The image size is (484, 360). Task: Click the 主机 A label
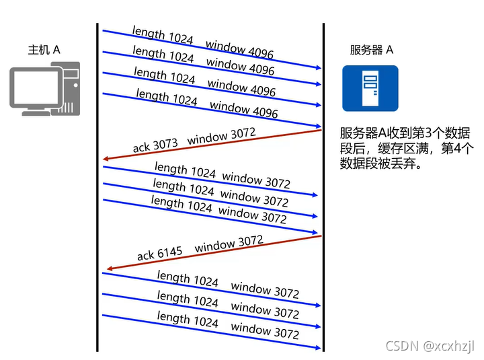[44, 50]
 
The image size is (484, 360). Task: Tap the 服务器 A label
[371, 50]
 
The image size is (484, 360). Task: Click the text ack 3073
[155, 145]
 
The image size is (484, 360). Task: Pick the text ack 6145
[159, 254]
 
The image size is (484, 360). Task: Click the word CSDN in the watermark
[402, 345]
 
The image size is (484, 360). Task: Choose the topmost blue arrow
[212, 49]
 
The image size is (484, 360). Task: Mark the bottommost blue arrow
[212, 331]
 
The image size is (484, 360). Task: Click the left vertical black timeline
[97, 188]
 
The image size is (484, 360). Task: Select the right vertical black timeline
[324, 188]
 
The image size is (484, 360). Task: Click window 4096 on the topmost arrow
[239, 49]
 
